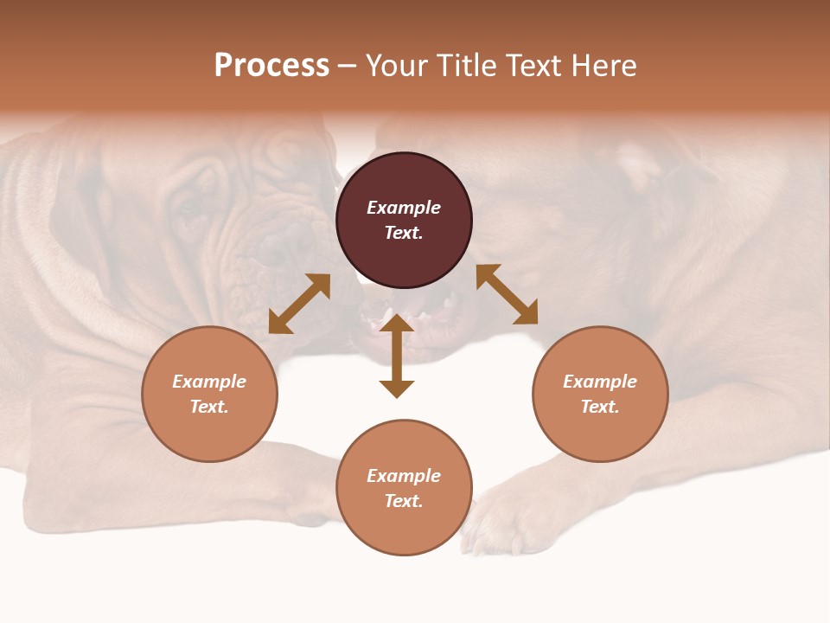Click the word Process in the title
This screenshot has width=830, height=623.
pos(271,66)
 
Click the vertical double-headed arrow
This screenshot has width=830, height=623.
pos(397,356)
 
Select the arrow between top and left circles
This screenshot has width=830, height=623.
pos(299,304)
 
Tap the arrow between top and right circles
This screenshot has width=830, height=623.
pos(507,294)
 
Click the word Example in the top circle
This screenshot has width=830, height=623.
pos(404,208)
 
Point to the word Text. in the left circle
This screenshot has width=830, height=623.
pos(209,407)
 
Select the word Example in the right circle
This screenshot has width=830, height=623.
pos(600,382)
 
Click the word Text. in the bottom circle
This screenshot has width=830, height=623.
pos(404,501)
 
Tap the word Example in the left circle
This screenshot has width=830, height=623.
pos(209,382)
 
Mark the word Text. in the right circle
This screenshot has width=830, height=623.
pos(600,407)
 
